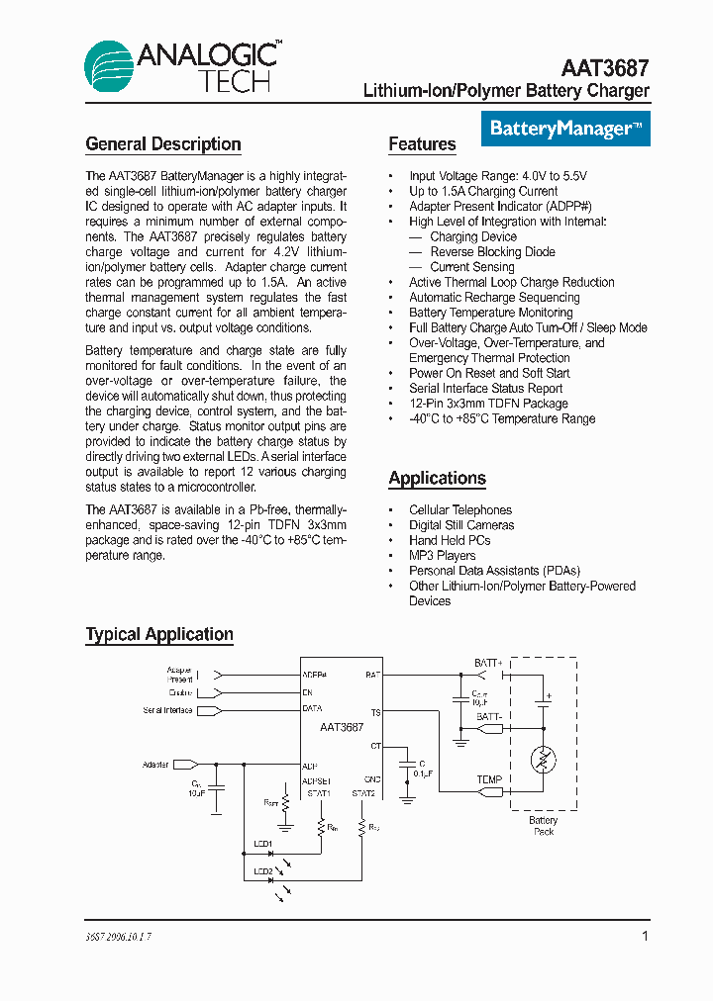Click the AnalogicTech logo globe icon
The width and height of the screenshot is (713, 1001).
[x=111, y=66]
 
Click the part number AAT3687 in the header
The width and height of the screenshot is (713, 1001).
[x=605, y=68]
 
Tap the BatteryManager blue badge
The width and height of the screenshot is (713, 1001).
[x=566, y=129]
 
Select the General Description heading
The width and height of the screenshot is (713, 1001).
[x=163, y=144]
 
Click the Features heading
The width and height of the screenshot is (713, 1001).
[x=422, y=144]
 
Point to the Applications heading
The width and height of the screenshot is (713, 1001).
[x=437, y=479]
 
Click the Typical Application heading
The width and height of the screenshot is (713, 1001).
[x=159, y=635]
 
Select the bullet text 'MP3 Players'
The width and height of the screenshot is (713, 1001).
[x=442, y=556]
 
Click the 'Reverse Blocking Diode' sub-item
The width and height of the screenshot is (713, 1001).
[x=492, y=252]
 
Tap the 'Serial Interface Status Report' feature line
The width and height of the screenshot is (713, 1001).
[x=485, y=389]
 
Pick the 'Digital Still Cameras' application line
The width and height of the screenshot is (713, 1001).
[x=461, y=525]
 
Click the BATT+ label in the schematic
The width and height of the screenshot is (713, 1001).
[x=488, y=663]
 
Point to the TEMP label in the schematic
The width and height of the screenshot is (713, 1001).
[x=490, y=779]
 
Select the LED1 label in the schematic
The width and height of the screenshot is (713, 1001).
[x=262, y=844]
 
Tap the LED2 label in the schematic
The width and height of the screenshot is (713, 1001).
[x=262, y=871]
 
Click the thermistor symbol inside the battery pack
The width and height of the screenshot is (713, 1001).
[x=541, y=760]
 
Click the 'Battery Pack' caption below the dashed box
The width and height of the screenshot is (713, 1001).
[x=543, y=826]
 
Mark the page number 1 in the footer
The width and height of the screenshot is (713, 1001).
[x=645, y=936]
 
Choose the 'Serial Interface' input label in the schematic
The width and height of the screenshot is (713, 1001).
[x=167, y=710]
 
